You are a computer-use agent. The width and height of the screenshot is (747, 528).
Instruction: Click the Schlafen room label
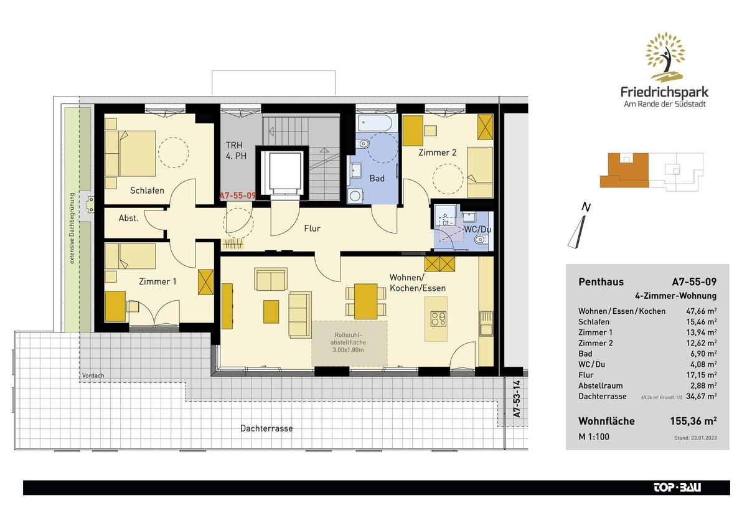[147, 191]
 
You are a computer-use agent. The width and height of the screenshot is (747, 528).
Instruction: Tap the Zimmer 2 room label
[437, 153]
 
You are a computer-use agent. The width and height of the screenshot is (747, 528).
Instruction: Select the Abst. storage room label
[128, 218]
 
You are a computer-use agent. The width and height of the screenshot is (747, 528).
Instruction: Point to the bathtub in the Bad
[375, 123]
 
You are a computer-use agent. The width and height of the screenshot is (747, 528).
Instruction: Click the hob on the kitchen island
[438, 319]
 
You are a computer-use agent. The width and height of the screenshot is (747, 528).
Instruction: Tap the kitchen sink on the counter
[486, 324]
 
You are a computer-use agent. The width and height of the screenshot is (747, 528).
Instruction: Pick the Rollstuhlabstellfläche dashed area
[349, 343]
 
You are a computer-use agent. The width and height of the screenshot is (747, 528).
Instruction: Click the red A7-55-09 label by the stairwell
[237, 196]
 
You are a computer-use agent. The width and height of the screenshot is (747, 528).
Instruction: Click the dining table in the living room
[365, 301]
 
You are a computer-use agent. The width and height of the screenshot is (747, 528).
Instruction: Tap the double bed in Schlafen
[130, 153]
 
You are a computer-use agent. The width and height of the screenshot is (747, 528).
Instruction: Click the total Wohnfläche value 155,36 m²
[693, 421]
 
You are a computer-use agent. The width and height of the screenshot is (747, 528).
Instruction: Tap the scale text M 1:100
[594, 436]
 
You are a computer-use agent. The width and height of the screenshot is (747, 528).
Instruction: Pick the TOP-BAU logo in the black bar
[677, 488]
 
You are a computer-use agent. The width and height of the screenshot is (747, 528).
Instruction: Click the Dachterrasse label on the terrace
[266, 428]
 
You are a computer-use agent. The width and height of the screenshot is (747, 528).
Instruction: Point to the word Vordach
[93, 375]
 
